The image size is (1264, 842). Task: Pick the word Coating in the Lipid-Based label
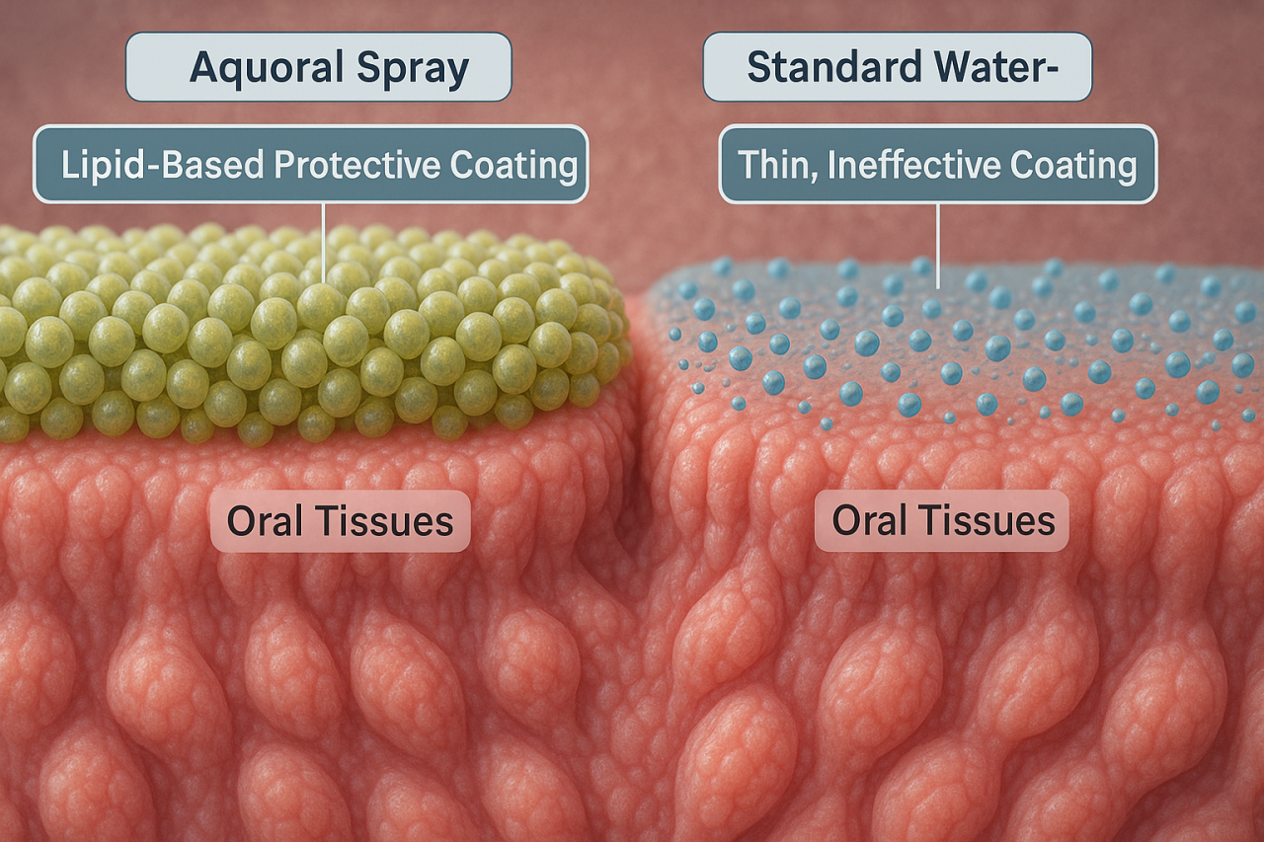(x=513, y=165)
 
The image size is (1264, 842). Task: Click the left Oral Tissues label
(x=340, y=520)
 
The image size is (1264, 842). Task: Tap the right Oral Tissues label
(x=942, y=520)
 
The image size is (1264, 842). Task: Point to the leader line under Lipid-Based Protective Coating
(x=323, y=242)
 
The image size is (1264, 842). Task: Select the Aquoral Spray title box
(x=318, y=67)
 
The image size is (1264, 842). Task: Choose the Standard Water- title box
(x=897, y=67)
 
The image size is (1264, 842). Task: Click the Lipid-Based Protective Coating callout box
(x=310, y=165)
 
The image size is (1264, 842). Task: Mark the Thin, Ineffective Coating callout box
(x=937, y=165)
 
